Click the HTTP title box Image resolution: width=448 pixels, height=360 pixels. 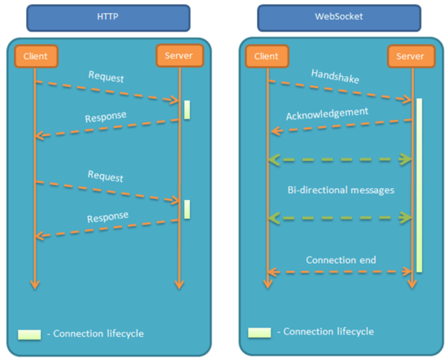(108, 17)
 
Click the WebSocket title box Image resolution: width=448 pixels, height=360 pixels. (339, 17)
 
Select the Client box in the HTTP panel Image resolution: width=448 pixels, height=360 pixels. (36, 56)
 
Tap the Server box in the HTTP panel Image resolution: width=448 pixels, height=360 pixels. (178, 55)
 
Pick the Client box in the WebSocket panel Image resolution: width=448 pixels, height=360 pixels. (266, 56)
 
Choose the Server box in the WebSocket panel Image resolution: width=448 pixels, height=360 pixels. (410, 56)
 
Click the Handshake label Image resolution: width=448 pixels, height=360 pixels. (335, 76)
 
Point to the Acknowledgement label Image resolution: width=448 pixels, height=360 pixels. (327, 114)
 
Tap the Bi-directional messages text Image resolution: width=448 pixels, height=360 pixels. (341, 190)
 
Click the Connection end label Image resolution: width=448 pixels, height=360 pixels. (341, 260)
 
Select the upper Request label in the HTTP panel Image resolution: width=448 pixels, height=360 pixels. (106, 77)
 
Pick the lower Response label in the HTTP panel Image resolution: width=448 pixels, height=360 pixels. (108, 217)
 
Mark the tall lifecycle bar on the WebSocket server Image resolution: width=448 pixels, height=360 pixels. (419, 185)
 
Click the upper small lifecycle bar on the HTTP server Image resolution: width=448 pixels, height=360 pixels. (187, 110)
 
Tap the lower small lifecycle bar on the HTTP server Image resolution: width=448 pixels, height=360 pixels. (187, 209)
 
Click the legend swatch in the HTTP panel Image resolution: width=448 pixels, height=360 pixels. (29, 334)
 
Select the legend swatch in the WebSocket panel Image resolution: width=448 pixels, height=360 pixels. (259, 332)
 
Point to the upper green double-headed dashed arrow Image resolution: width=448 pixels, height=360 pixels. (340, 160)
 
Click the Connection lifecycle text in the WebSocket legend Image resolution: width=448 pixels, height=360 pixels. (328, 332)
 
